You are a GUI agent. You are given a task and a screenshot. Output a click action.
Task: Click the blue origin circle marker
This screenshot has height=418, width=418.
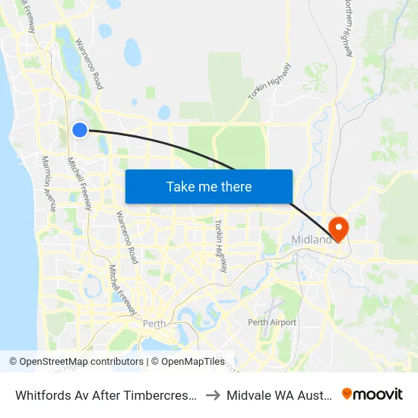click(x=80, y=130)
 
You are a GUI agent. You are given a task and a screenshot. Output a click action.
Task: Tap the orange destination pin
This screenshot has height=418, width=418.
click(x=337, y=227)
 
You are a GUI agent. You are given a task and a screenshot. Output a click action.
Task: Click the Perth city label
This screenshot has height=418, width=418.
click(x=155, y=323)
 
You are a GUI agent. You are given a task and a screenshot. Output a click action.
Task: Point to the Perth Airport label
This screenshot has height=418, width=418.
click(x=272, y=322)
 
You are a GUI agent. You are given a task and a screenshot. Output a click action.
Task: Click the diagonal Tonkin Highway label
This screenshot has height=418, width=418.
click(x=269, y=82)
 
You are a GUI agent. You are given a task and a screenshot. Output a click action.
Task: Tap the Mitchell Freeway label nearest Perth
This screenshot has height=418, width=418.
click(x=121, y=290)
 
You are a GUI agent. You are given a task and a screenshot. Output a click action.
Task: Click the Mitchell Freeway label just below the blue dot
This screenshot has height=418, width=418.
click(x=79, y=183)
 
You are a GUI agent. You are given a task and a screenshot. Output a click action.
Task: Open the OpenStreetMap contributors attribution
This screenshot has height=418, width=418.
click(x=76, y=362)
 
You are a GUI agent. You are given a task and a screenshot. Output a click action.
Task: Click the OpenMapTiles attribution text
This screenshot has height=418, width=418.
click(x=192, y=362)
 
